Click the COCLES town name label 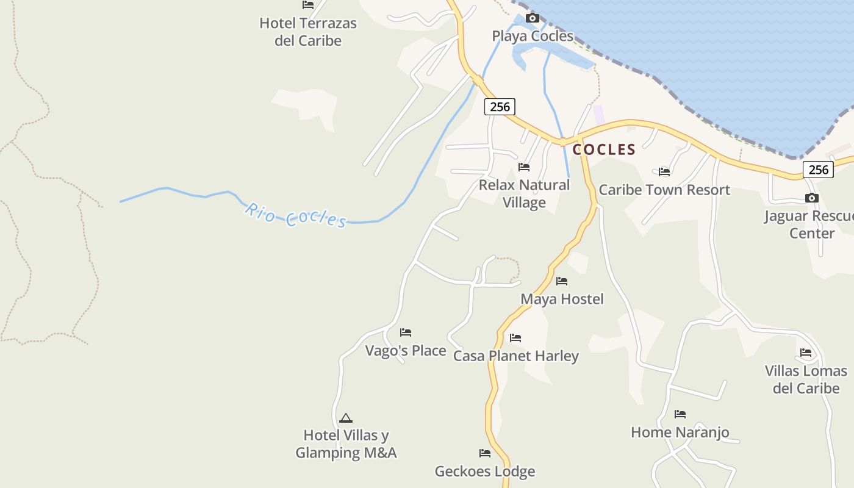(604, 149)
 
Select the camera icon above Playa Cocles (533, 18)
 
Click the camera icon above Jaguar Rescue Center (811, 198)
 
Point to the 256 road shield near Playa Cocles (500, 107)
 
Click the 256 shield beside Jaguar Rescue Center (817, 170)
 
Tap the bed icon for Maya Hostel (562, 281)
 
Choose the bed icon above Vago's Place (406, 332)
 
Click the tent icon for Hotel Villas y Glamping (346, 418)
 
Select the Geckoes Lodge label (485, 471)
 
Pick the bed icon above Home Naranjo (680, 414)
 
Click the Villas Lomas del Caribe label (806, 379)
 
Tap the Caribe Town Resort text (664, 190)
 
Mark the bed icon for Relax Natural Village (524, 167)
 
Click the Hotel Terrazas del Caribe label (308, 32)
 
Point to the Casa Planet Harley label (516, 356)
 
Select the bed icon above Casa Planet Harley (515, 338)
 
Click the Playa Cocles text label (533, 36)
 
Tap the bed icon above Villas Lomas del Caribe (806, 353)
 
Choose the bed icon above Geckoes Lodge (485, 453)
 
